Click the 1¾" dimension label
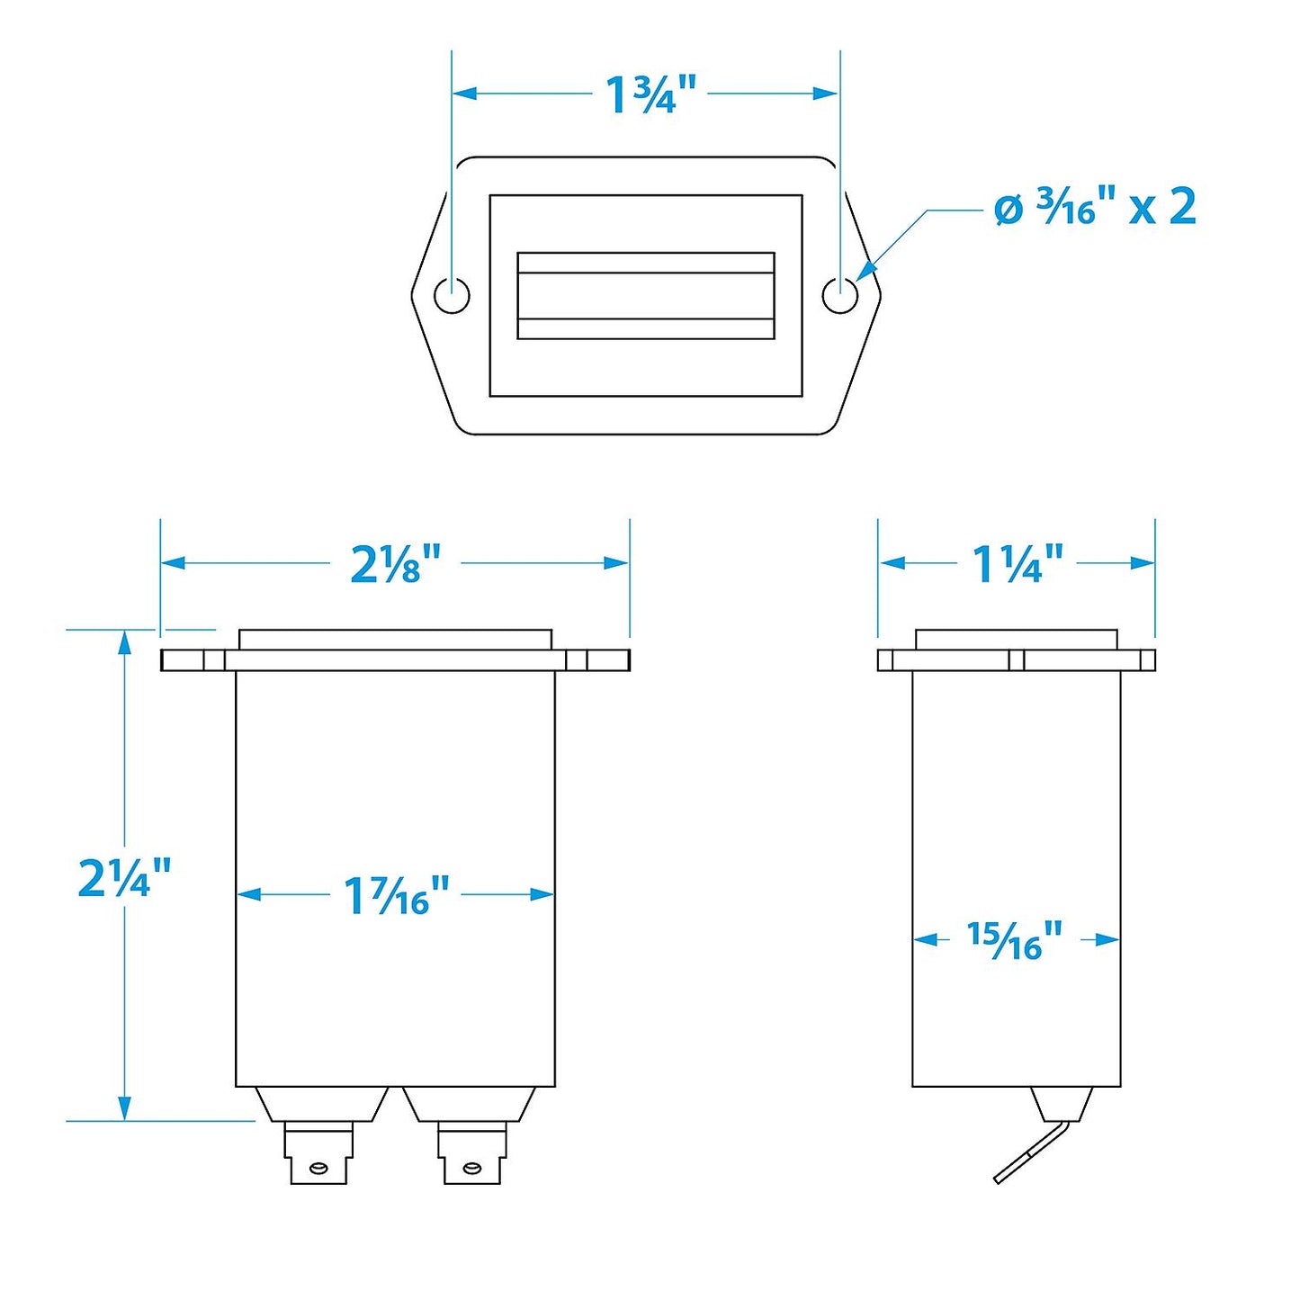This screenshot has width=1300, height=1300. point(650,94)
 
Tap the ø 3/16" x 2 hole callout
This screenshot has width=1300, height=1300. point(1095,208)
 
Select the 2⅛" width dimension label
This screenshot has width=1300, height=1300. point(396,564)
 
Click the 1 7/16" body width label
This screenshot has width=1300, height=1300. point(396,895)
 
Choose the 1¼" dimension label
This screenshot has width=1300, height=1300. point(1018,564)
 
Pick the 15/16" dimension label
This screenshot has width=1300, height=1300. point(1014,940)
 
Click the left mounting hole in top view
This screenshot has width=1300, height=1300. point(452,295)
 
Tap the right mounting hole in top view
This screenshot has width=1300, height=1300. point(840,295)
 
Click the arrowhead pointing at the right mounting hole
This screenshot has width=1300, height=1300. point(865,271)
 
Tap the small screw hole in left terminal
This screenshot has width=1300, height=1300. point(318,1169)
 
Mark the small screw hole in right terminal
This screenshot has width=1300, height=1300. point(471,1169)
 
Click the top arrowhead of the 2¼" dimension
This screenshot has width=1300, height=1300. point(124,641)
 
